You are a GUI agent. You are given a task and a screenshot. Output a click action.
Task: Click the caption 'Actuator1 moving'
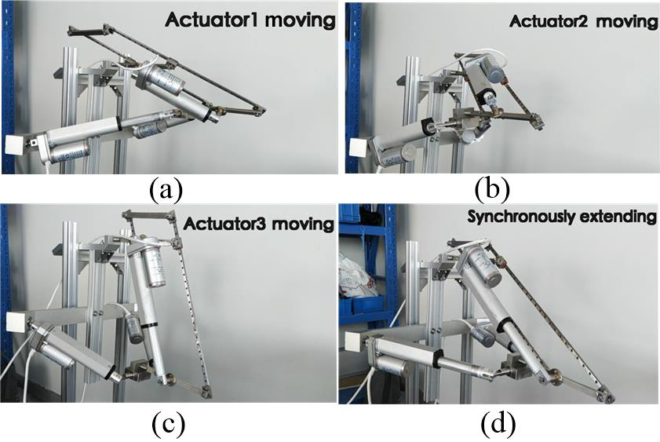250,20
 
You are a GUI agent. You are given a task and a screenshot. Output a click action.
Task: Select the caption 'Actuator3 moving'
258,224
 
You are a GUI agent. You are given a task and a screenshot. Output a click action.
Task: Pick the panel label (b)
492,189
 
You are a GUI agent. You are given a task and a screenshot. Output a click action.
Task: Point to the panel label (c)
168,423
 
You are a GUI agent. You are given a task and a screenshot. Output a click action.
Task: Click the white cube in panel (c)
16,323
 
